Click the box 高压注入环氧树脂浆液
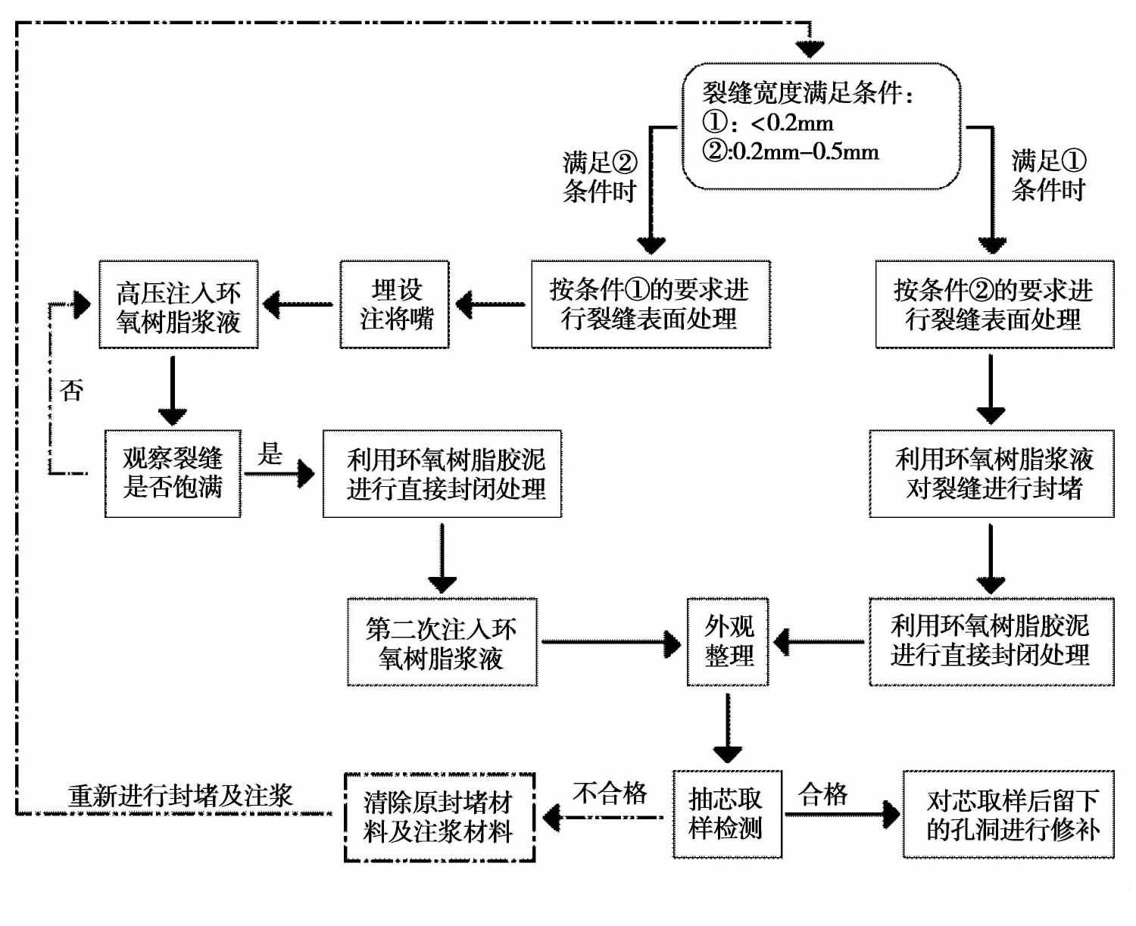tap(178, 305)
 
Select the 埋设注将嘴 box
tap(395, 305)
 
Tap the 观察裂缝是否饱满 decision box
tap(173, 474)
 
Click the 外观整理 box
tap(728, 642)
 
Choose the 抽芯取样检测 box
tap(726, 815)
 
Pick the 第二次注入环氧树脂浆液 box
tap(442, 643)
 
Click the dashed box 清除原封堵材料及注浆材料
tap(439, 818)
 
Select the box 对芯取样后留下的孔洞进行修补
tap(1008, 815)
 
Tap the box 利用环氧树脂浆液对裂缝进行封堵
tap(991, 474)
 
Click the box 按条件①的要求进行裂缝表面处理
tap(651, 305)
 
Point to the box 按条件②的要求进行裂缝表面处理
tap(994, 305)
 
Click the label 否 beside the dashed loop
tap(71, 391)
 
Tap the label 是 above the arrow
tap(270, 454)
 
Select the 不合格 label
tap(610, 793)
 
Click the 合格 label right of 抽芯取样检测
tap(823, 794)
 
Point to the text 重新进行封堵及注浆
tap(180, 796)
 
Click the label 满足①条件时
tap(1048, 176)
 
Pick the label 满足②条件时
tap(599, 177)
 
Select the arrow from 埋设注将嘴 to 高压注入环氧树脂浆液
tap(298, 305)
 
